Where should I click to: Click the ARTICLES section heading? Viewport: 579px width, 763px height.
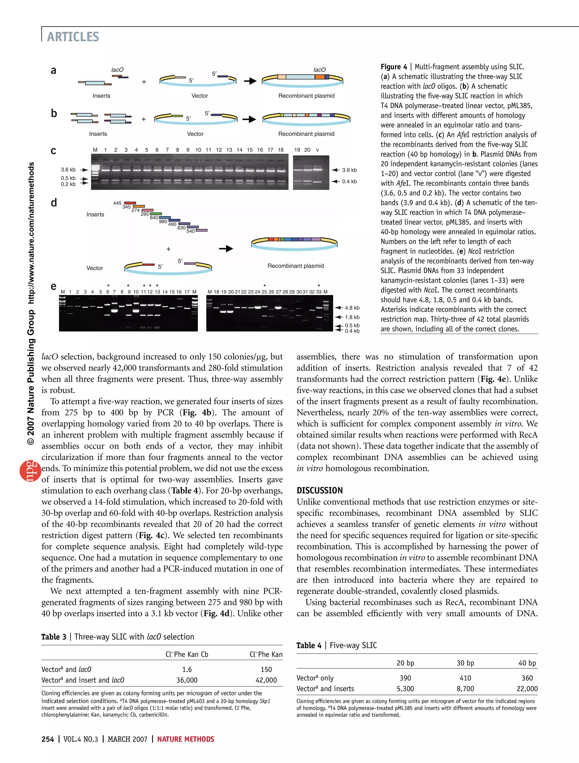(73, 36)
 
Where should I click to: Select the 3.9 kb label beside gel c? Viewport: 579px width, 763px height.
(349, 170)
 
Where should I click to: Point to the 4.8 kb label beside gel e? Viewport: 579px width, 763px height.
(352, 308)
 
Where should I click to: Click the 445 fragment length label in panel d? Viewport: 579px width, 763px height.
(117, 203)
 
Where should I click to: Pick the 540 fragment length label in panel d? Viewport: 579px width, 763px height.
(191, 231)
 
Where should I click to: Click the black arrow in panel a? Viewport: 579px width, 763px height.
(250, 81)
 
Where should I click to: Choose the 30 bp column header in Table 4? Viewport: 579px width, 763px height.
(465, 663)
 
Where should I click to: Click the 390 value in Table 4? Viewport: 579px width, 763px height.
(405, 678)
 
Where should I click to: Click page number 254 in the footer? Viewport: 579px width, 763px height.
(47, 739)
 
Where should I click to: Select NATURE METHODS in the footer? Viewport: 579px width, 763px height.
(186, 739)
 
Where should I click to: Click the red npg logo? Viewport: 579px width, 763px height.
(30, 470)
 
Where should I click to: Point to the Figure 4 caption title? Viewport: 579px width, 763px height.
(394, 67)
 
